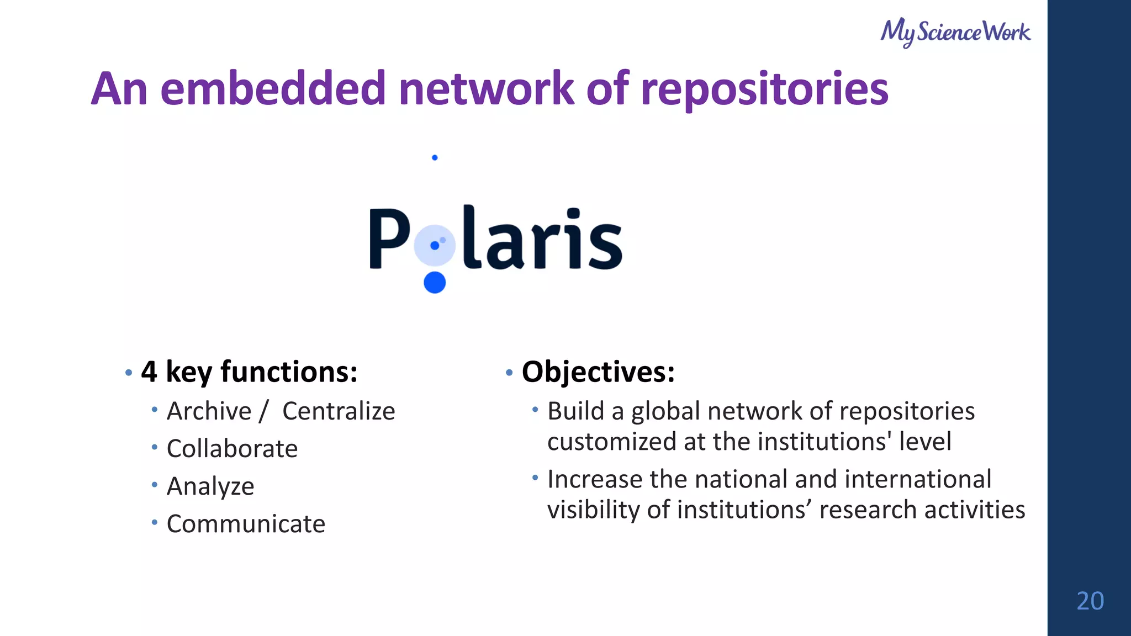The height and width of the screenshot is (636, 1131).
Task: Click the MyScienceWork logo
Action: tap(955, 32)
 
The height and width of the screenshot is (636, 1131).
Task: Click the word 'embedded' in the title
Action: tap(273, 89)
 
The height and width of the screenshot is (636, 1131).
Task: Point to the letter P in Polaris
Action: tap(389, 239)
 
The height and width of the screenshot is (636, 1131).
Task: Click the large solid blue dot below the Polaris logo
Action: tap(435, 282)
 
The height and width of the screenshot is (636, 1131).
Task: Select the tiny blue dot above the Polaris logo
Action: tap(435, 158)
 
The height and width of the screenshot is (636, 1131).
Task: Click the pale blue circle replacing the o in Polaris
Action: tap(435, 245)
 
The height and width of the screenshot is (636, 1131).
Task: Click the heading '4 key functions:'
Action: tap(249, 372)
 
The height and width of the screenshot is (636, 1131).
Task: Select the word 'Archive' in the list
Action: tap(209, 411)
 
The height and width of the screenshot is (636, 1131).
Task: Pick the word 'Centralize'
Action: tap(339, 411)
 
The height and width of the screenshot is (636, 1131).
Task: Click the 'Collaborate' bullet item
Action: tap(232, 449)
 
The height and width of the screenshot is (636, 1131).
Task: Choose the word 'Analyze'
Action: tap(210, 486)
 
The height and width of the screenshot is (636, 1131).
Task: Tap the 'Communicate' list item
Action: tap(246, 524)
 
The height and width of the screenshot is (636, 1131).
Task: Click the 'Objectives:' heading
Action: tap(598, 372)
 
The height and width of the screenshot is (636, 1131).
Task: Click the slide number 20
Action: tap(1090, 601)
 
